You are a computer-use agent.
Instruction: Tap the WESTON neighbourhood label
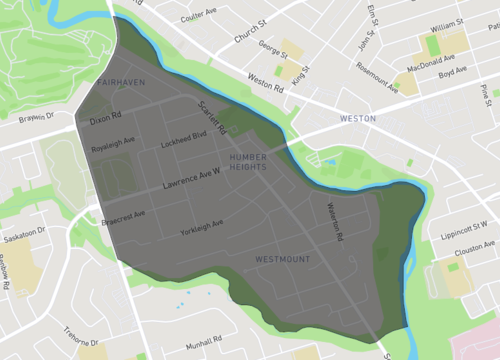point(357,118)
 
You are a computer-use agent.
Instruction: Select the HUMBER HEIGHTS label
point(248,163)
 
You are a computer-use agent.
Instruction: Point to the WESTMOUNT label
point(282,260)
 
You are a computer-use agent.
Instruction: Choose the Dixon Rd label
point(105,118)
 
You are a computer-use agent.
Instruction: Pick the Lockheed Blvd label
point(187,136)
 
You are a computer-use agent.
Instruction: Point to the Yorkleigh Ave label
point(201,228)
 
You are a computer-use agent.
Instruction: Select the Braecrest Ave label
point(123,215)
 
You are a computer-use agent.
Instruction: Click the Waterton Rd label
point(334,220)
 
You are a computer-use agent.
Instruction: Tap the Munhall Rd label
point(204,340)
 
